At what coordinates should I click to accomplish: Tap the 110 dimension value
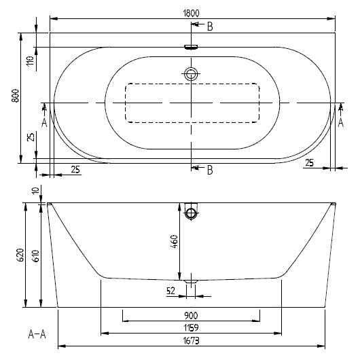click(31, 62)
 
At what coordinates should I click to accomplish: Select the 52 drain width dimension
click(172, 291)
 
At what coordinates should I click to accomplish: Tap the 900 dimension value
click(190, 316)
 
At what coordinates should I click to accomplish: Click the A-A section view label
click(37, 334)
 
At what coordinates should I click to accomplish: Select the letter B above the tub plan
click(210, 26)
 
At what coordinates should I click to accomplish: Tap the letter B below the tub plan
click(210, 170)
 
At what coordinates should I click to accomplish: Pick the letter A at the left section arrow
click(44, 122)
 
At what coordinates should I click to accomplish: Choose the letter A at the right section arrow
click(340, 122)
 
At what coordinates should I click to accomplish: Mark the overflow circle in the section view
click(191, 214)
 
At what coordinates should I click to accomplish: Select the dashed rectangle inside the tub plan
click(192, 103)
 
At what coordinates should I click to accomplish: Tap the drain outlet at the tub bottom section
click(191, 280)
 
